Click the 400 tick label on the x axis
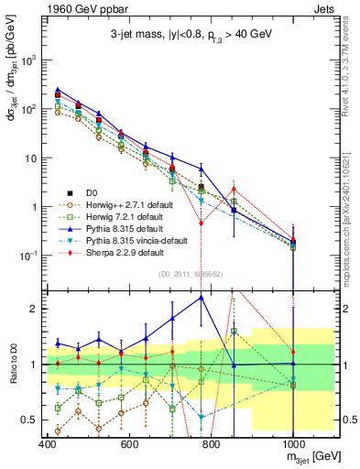pyautogui.click(x=48, y=443)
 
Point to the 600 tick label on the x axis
pyautogui.click(x=129, y=443)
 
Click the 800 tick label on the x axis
pyautogui.click(x=211, y=443)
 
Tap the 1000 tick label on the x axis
pyautogui.click(x=291, y=443)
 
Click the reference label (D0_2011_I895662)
pyautogui.click(x=193, y=273)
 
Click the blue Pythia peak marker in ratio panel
pyautogui.click(x=202, y=297)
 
